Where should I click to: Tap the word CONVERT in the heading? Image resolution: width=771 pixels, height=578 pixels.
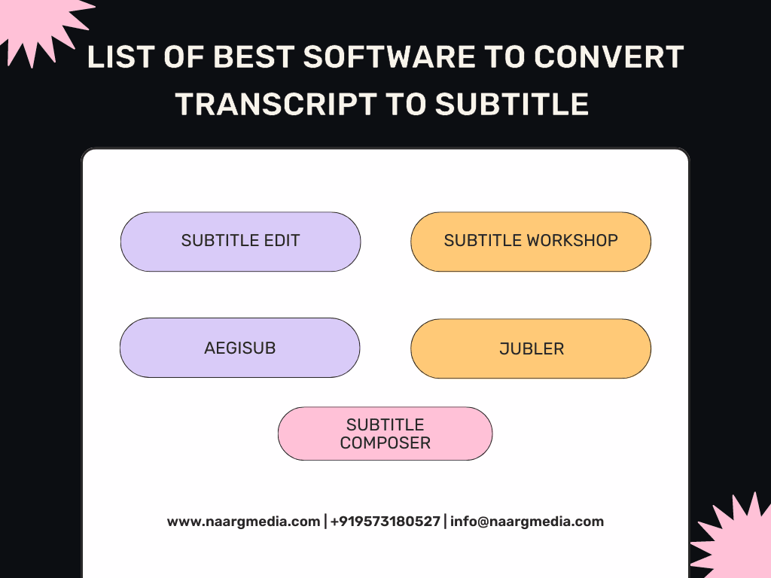(x=608, y=56)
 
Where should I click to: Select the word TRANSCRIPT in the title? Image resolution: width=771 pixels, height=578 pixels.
(x=276, y=104)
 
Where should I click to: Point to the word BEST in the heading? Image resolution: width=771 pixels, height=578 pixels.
(x=254, y=56)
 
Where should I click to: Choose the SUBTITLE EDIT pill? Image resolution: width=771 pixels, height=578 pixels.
(x=240, y=242)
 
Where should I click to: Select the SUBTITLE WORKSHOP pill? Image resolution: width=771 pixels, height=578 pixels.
(x=531, y=242)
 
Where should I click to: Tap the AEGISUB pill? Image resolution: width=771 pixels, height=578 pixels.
(x=240, y=348)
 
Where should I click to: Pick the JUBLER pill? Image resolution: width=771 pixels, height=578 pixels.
(x=531, y=348)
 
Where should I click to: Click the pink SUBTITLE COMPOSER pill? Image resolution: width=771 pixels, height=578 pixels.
(x=385, y=433)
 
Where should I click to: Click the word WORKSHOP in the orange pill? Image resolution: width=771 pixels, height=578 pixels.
(x=572, y=240)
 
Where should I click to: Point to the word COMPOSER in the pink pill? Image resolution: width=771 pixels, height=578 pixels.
(x=385, y=443)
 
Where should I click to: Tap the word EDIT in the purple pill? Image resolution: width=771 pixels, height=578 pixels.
(x=282, y=240)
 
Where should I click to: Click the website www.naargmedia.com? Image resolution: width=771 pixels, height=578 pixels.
(x=243, y=522)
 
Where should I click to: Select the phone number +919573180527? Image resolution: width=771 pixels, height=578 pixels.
(x=385, y=522)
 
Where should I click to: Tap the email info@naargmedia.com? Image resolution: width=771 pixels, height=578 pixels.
(x=527, y=522)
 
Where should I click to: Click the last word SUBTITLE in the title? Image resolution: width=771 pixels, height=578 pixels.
(x=512, y=104)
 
